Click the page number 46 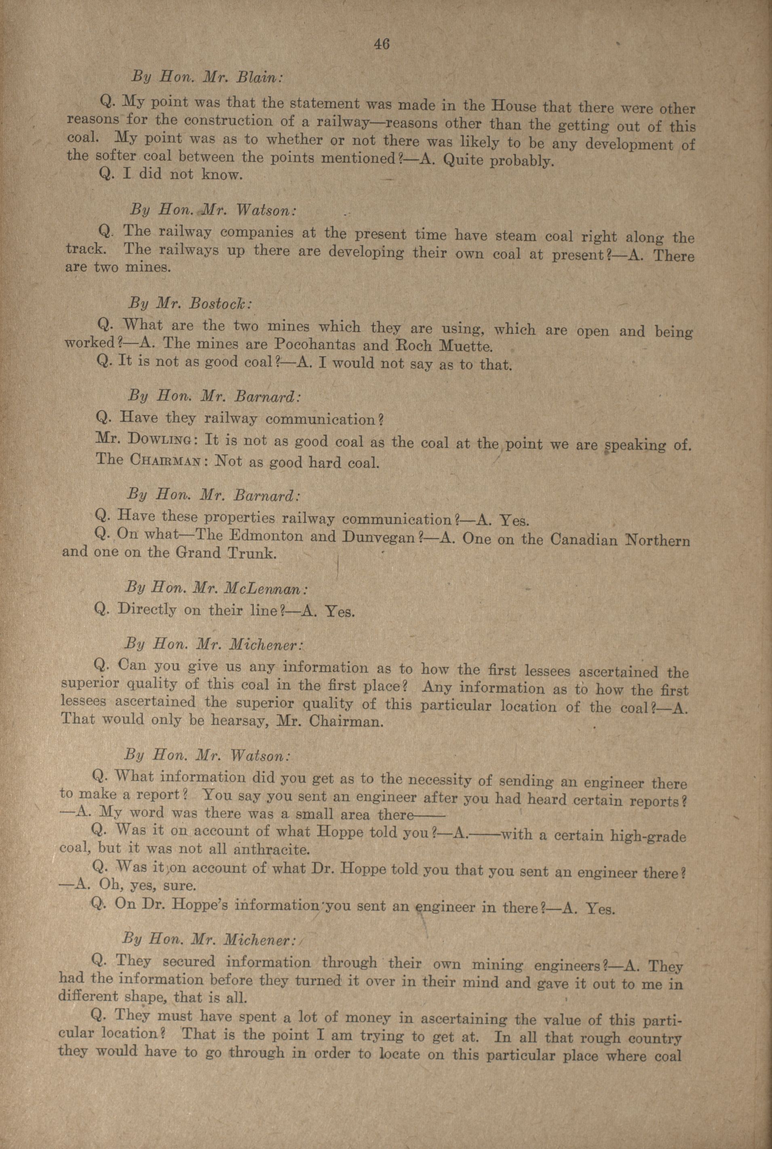click(x=382, y=44)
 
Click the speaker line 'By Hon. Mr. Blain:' click(x=207, y=77)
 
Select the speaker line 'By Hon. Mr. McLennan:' click(x=217, y=588)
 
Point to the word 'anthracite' click(x=271, y=850)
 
